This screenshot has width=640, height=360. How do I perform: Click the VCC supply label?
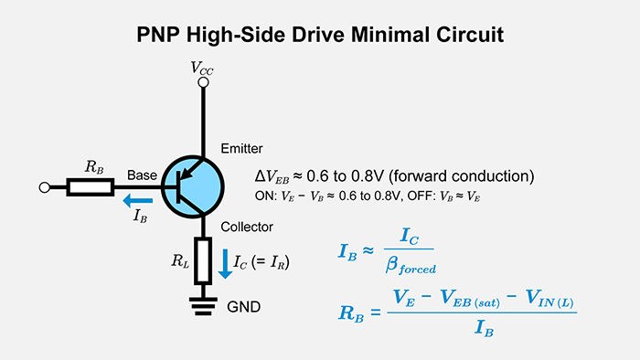tap(204, 67)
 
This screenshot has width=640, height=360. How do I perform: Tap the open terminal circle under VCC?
tap(204, 83)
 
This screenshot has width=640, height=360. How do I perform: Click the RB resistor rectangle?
tap(91, 187)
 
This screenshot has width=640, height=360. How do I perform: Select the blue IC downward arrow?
tap(224, 263)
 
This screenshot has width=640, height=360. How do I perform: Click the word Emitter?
tap(240, 149)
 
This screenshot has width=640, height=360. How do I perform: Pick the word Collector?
tap(247, 227)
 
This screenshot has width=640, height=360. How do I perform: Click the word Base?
tap(142, 174)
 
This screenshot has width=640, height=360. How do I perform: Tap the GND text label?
tap(243, 307)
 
